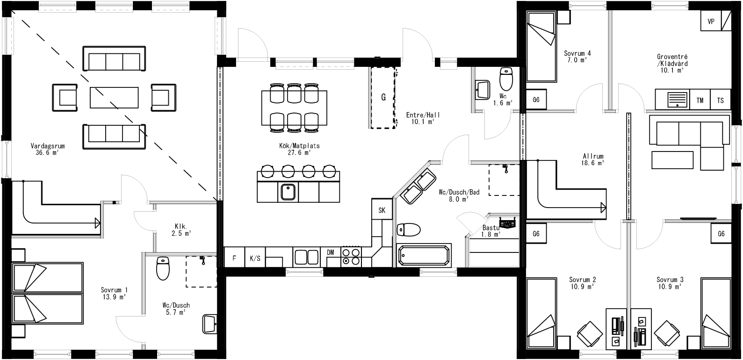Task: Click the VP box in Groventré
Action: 711,22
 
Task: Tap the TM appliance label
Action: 700,100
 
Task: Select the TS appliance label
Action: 720,100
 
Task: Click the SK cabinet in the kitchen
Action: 382,210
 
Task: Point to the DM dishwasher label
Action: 331,252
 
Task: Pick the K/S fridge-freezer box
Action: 255,258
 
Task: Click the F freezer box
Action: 234,258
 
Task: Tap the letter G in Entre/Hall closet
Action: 383,97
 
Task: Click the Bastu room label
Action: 491,228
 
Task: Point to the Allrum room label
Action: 593,156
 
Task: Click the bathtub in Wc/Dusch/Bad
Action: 424,255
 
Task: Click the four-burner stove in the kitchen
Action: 351,257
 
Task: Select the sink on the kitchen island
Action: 288,192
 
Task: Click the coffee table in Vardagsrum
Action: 114,97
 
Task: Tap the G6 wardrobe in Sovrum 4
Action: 536,100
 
